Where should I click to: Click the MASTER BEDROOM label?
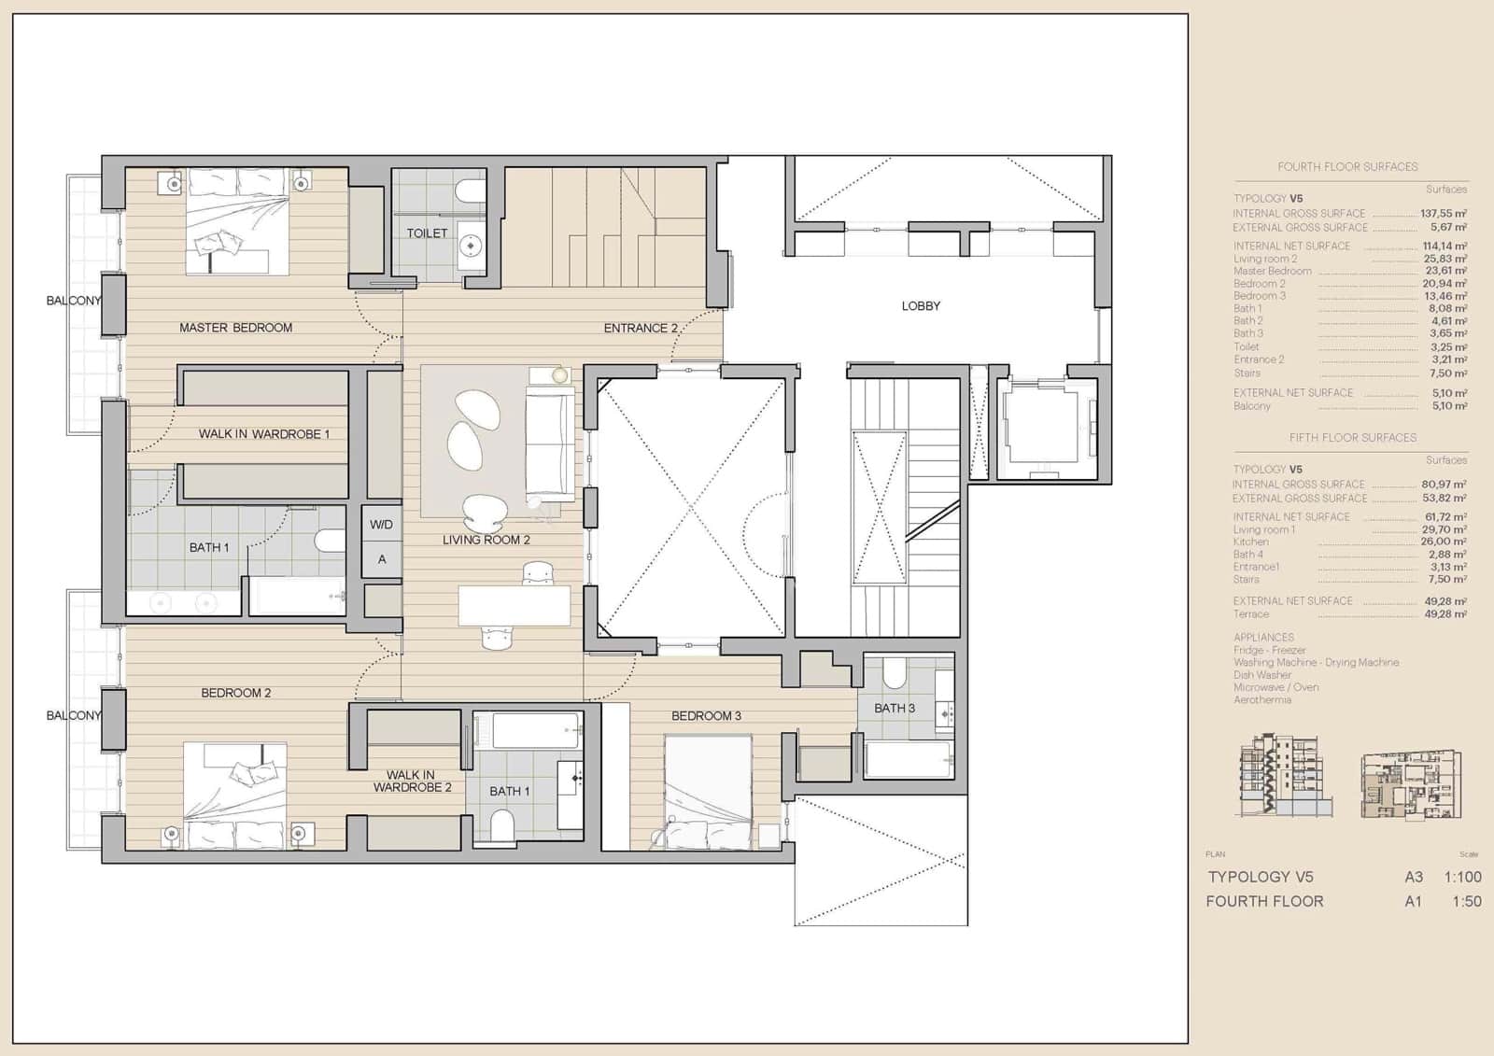point(235,328)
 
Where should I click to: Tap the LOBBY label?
point(921,306)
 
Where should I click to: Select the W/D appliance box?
point(381,525)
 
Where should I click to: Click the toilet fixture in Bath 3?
point(894,673)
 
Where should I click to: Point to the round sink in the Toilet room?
point(472,247)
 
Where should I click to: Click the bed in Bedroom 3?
point(708,792)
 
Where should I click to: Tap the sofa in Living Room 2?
point(550,445)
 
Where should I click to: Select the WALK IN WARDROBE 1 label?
point(263,434)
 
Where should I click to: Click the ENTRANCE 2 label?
point(641,328)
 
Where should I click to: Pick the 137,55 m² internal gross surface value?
point(1443,214)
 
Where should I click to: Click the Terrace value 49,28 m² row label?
point(1250,614)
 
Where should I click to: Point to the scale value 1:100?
point(1462,877)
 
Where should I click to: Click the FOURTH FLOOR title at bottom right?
point(1264,901)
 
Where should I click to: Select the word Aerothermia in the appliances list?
point(1261,699)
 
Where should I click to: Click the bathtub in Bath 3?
point(908,759)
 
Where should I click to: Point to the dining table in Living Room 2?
point(514,606)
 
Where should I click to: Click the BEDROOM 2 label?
point(236,693)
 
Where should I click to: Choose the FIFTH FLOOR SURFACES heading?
point(1352,437)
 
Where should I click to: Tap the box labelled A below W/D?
point(381,559)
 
